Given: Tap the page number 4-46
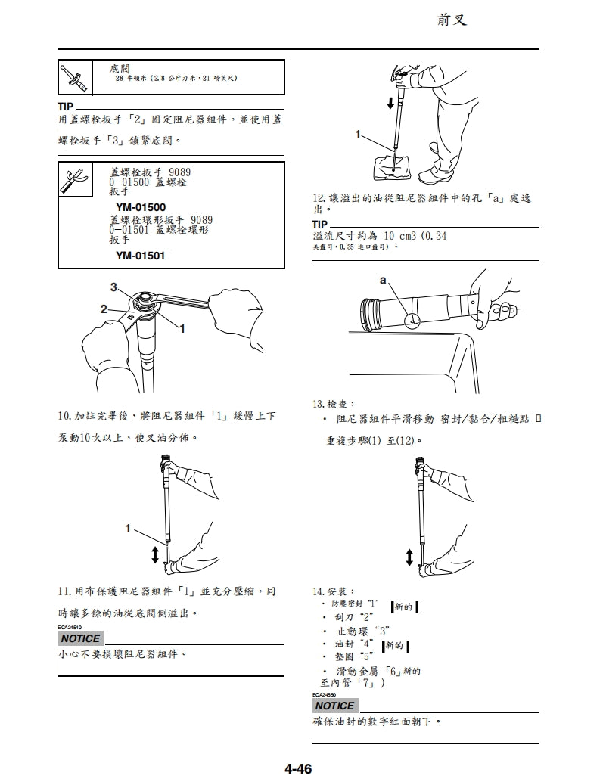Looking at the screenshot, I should click(x=298, y=769).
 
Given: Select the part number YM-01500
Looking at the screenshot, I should click(x=141, y=207).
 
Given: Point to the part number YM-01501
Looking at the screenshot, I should click(x=141, y=256).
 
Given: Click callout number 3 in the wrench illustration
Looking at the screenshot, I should click(x=114, y=287).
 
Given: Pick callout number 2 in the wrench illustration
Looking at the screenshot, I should click(x=105, y=308).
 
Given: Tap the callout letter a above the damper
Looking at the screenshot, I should click(x=384, y=281).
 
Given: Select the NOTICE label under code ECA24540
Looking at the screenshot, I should click(x=80, y=638).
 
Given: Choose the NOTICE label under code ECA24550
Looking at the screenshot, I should click(x=334, y=706).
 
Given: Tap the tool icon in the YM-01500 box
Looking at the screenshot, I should click(x=74, y=179).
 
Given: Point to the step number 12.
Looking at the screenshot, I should click(x=319, y=197).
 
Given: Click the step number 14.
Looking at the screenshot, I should click(x=319, y=591).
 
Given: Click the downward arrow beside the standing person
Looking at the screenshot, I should click(x=390, y=102).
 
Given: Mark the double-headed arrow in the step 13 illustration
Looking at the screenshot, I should click(x=409, y=557).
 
